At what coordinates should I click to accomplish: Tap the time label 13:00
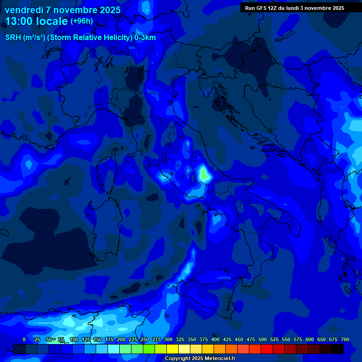pos(20,21)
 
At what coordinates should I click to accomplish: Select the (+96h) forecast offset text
pos(82,21)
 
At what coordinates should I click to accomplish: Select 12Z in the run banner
pos(272,8)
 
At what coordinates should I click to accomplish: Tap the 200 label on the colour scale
pos(121,339)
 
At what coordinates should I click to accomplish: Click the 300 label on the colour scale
pos(168,339)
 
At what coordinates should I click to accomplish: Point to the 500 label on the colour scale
pos(263,339)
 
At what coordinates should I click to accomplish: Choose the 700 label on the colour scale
pos(345,339)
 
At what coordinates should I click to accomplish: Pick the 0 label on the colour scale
pos(24,339)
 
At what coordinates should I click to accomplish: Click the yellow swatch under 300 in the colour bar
pos(173,349)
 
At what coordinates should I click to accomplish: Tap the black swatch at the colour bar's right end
pos(337,349)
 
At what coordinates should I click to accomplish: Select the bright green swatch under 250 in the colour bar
pos(149,349)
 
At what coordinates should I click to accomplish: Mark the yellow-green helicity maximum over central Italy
pos(204,174)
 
